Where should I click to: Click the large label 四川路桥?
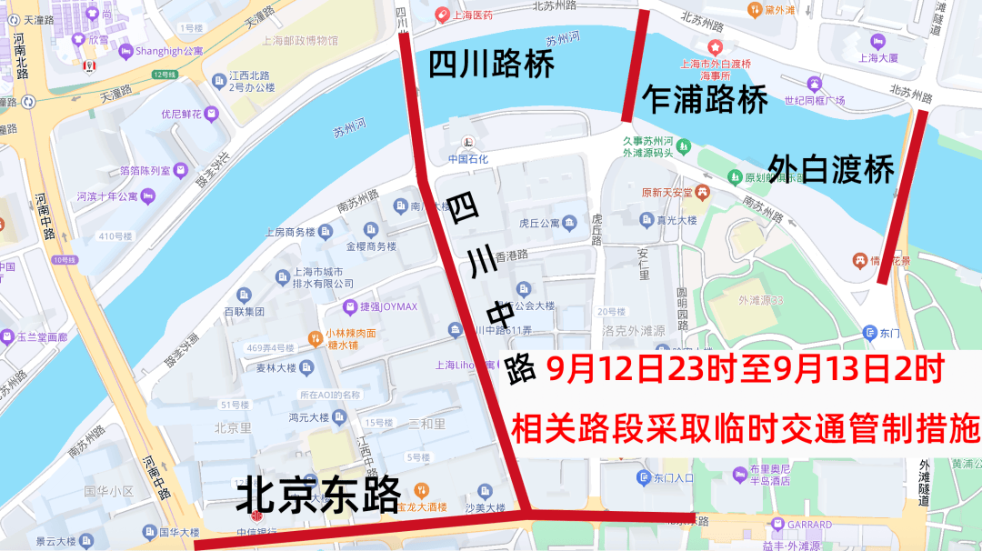click(491, 65)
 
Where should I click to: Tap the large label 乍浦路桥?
click(705, 99)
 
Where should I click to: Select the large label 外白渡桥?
click(832, 168)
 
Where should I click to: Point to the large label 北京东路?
click(318, 496)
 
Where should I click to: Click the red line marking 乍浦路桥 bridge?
click(636, 65)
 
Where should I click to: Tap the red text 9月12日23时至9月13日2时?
click(746, 368)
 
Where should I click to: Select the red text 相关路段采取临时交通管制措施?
click(746, 427)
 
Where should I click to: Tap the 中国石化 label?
click(468, 158)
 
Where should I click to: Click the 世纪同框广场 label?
click(815, 100)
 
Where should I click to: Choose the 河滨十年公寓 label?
click(107, 195)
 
